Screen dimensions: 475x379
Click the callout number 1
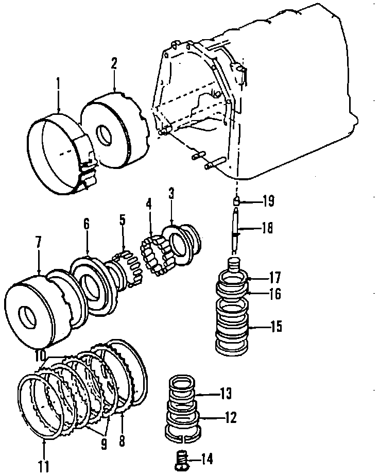(x=59, y=82)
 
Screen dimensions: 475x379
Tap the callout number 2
(x=114, y=64)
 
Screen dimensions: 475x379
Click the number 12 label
(x=230, y=416)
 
